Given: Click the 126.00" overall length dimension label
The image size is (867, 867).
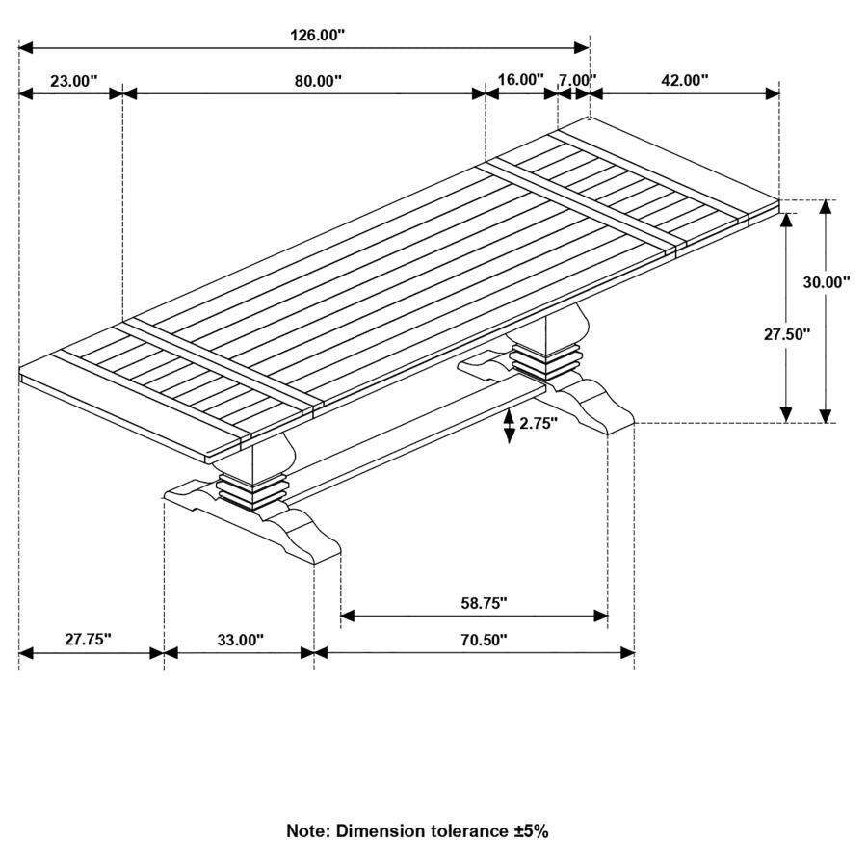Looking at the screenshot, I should pos(317,36).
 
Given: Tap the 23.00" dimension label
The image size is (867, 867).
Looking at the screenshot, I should pos(74,81).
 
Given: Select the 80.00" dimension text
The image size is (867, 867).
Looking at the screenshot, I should pos(319,81).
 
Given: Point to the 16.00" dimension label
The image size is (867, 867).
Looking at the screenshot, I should pos(521,80).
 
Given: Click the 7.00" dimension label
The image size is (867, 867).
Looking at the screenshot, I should pos(577,80).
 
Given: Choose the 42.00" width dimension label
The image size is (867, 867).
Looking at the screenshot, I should pos(684,80).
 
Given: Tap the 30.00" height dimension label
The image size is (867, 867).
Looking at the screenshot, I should pos(827,282).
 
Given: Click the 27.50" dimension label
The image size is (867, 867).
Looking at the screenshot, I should pos(787,334).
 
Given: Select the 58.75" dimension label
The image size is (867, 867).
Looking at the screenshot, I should pos(484,603).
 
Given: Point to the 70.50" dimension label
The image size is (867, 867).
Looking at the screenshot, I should pos(484,640).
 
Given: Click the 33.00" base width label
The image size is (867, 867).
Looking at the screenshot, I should pos(240,640).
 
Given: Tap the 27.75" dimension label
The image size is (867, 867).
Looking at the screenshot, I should pos(89,640).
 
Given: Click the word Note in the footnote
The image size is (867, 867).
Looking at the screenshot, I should pos(307,830).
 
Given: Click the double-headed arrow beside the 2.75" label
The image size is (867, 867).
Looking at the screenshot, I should pos(509,424).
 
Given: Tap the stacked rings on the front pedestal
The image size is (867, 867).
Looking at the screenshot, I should pos(253,489).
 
